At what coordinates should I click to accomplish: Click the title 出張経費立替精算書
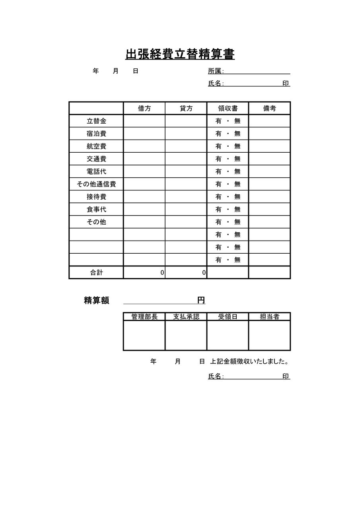(x=180, y=54)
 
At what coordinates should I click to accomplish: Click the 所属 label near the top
(x=215, y=71)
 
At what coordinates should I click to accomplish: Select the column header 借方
(x=144, y=108)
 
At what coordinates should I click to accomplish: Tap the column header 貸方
(x=186, y=108)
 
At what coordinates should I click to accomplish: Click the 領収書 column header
(x=228, y=108)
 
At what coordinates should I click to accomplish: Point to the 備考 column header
(x=269, y=108)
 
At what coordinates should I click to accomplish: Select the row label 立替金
(x=96, y=121)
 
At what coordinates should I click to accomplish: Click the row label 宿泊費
(x=96, y=134)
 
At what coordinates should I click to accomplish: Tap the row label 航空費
(x=96, y=146)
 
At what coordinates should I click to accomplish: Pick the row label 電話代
(x=96, y=171)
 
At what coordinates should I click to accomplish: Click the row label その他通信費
(x=96, y=184)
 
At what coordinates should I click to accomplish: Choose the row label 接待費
(x=96, y=197)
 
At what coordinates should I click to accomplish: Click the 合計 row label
(x=96, y=272)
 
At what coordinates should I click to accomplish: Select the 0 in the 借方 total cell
(x=162, y=273)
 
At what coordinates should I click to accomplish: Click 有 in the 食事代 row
(x=218, y=209)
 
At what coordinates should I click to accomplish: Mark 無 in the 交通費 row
(x=237, y=159)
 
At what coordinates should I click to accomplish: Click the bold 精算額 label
(x=96, y=301)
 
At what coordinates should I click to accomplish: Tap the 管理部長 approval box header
(x=144, y=317)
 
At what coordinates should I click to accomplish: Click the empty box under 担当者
(x=269, y=335)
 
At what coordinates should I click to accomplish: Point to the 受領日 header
(x=228, y=317)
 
